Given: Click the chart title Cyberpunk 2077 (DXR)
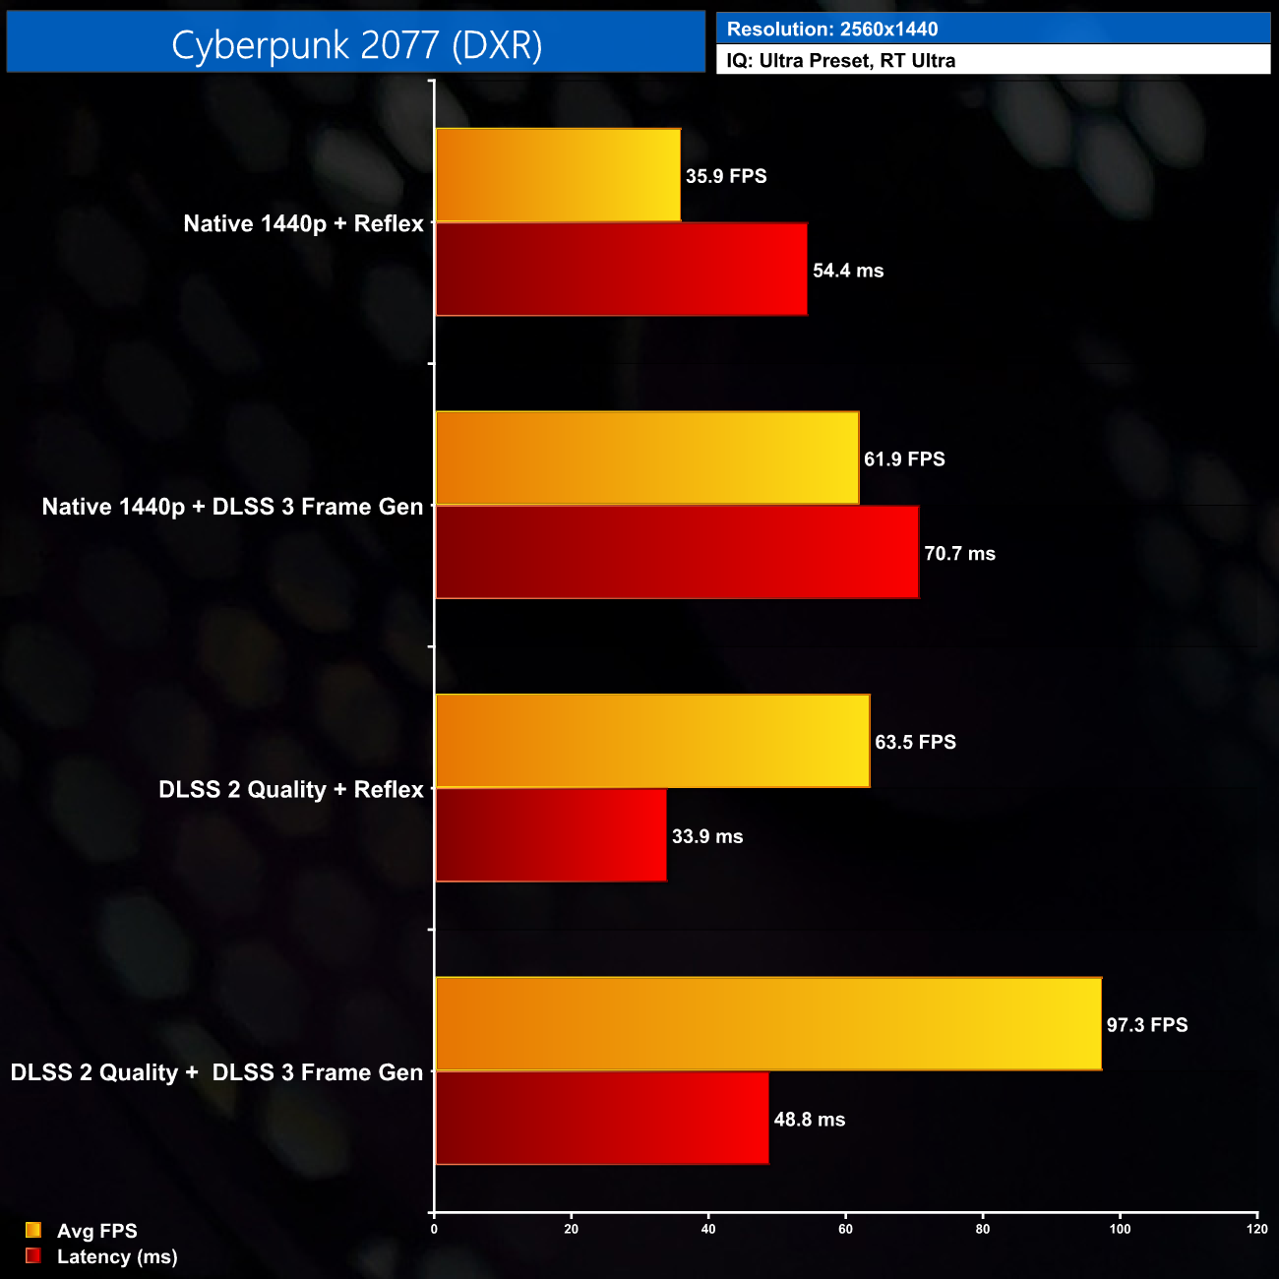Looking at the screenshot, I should point(356,44).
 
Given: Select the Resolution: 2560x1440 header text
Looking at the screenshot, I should point(831,30).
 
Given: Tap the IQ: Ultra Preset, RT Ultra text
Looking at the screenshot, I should point(840,61).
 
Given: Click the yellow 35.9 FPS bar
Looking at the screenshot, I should point(557,175).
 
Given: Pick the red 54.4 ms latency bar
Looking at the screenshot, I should point(621,270).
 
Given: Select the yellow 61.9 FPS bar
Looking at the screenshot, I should point(646,458).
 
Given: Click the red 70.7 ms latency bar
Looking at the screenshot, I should point(677,553).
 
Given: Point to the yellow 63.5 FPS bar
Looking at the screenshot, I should point(652,741).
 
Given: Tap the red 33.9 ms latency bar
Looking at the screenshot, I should point(551,835).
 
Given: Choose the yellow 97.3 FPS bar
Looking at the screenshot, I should point(768,1024).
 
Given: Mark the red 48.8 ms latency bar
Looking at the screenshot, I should point(602,1119).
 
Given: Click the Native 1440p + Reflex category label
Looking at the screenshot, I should point(303,224).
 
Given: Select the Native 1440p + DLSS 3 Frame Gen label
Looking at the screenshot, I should point(232,507).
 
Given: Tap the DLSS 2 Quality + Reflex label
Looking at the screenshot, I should point(290,790).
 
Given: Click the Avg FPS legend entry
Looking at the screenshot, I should point(96,1231).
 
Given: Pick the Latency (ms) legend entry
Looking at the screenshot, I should point(116,1256).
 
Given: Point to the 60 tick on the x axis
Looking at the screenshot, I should point(845,1229).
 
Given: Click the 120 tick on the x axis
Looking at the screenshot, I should point(1256,1229).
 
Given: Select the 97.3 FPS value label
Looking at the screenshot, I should point(1147,1025).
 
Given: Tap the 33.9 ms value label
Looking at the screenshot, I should point(707,836).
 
